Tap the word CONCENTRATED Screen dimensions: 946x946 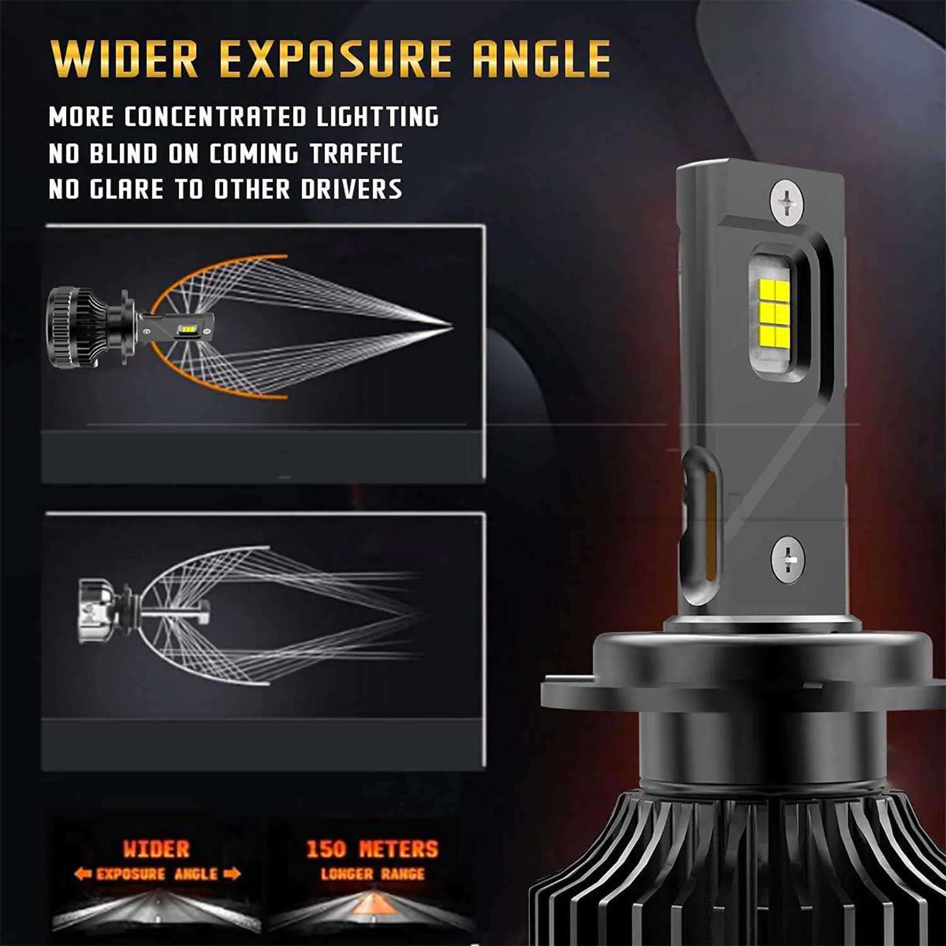coord(215,117)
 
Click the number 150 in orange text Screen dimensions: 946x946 coord(326,849)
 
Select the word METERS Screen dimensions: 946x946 coord(398,849)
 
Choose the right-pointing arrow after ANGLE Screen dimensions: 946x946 coord(231,874)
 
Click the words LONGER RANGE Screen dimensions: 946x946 coord(373,874)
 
